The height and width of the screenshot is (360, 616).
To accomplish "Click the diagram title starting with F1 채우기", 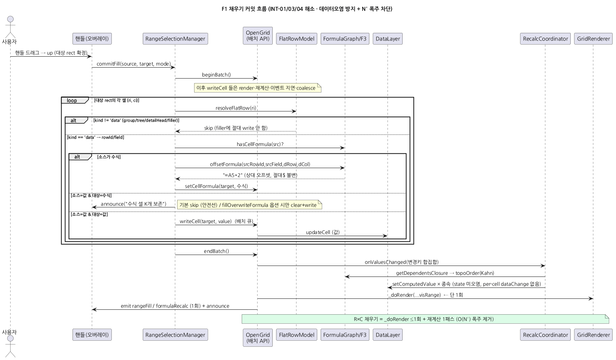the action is [x=307, y=9].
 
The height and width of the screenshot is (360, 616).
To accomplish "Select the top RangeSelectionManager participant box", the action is [x=175, y=39].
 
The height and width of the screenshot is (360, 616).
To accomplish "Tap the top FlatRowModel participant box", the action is [x=296, y=39].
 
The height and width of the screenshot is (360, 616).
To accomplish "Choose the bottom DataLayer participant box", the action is [x=388, y=335].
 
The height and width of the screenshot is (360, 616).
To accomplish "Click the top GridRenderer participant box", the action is [x=593, y=39].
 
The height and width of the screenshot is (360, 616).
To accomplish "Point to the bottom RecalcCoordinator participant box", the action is [x=545, y=335].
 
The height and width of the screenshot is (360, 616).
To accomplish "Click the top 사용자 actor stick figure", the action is [x=10, y=27].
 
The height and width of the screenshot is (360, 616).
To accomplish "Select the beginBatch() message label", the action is [x=216, y=74].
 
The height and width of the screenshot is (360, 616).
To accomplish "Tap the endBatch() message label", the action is [x=216, y=251].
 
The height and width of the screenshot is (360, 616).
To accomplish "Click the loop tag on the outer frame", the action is [x=72, y=100].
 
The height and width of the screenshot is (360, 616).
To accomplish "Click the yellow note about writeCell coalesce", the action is [x=258, y=88].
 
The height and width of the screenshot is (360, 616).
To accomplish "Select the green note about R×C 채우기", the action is [x=425, y=319].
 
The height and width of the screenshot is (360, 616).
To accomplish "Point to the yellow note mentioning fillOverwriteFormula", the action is [x=249, y=205].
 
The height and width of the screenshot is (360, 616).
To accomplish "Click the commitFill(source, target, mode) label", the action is [x=134, y=64].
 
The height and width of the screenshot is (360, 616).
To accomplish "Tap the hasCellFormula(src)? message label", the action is [x=260, y=144].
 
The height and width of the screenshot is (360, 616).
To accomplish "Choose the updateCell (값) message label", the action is [x=323, y=232].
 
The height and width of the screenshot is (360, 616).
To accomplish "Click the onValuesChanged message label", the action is [x=401, y=262].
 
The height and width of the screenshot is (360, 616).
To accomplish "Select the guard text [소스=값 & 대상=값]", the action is [x=90, y=214].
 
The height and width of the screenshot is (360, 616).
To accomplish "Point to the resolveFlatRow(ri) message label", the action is [x=236, y=108].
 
